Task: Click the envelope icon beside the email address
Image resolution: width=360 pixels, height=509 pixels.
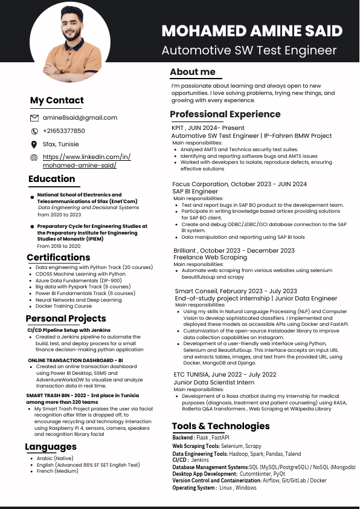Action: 34,118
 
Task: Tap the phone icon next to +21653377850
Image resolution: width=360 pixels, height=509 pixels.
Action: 34,131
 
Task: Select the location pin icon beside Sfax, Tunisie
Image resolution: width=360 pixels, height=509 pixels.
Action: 34,144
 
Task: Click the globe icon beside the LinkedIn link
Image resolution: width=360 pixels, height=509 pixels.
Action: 34,158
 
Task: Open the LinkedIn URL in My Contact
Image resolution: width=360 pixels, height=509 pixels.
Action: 86,161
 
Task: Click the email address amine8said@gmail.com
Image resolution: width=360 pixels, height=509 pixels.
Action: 80,118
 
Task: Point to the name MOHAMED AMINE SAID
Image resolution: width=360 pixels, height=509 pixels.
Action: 252,31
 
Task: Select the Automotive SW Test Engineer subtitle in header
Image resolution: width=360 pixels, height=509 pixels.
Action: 249,50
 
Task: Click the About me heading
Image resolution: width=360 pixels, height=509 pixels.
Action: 193,72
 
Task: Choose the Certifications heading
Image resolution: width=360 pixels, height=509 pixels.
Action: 59,258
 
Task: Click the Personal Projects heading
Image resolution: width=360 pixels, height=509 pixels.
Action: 66,318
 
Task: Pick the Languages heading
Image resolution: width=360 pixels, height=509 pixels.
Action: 51,447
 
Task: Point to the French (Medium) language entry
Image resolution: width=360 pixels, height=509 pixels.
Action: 57,472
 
